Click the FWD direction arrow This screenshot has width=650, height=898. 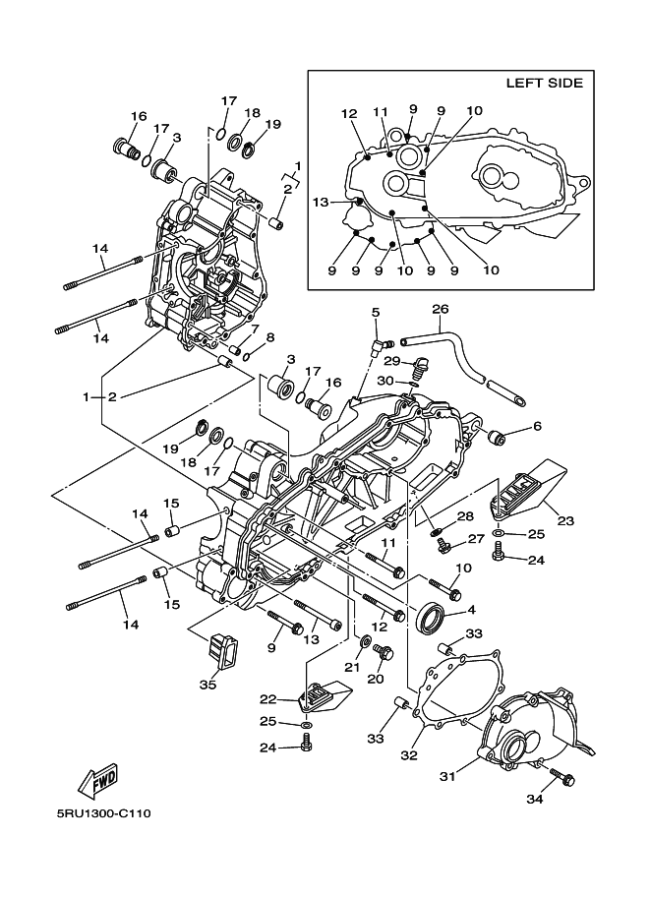tap(99, 780)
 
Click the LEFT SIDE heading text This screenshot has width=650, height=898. tap(544, 83)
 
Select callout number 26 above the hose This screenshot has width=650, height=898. tap(440, 309)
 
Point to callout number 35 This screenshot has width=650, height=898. tap(207, 684)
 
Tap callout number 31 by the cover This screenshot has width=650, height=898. tap(447, 777)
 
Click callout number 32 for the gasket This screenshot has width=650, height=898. tap(409, 755)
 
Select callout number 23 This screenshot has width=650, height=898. tap(565, 520)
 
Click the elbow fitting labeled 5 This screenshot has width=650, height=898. tap(379, 346)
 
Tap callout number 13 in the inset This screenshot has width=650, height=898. tap(321, 203)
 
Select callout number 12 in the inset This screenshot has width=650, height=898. tap(349, 113)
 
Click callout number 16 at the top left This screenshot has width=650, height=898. tap(139, 116)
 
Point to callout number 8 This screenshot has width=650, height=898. tap(269, 337)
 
